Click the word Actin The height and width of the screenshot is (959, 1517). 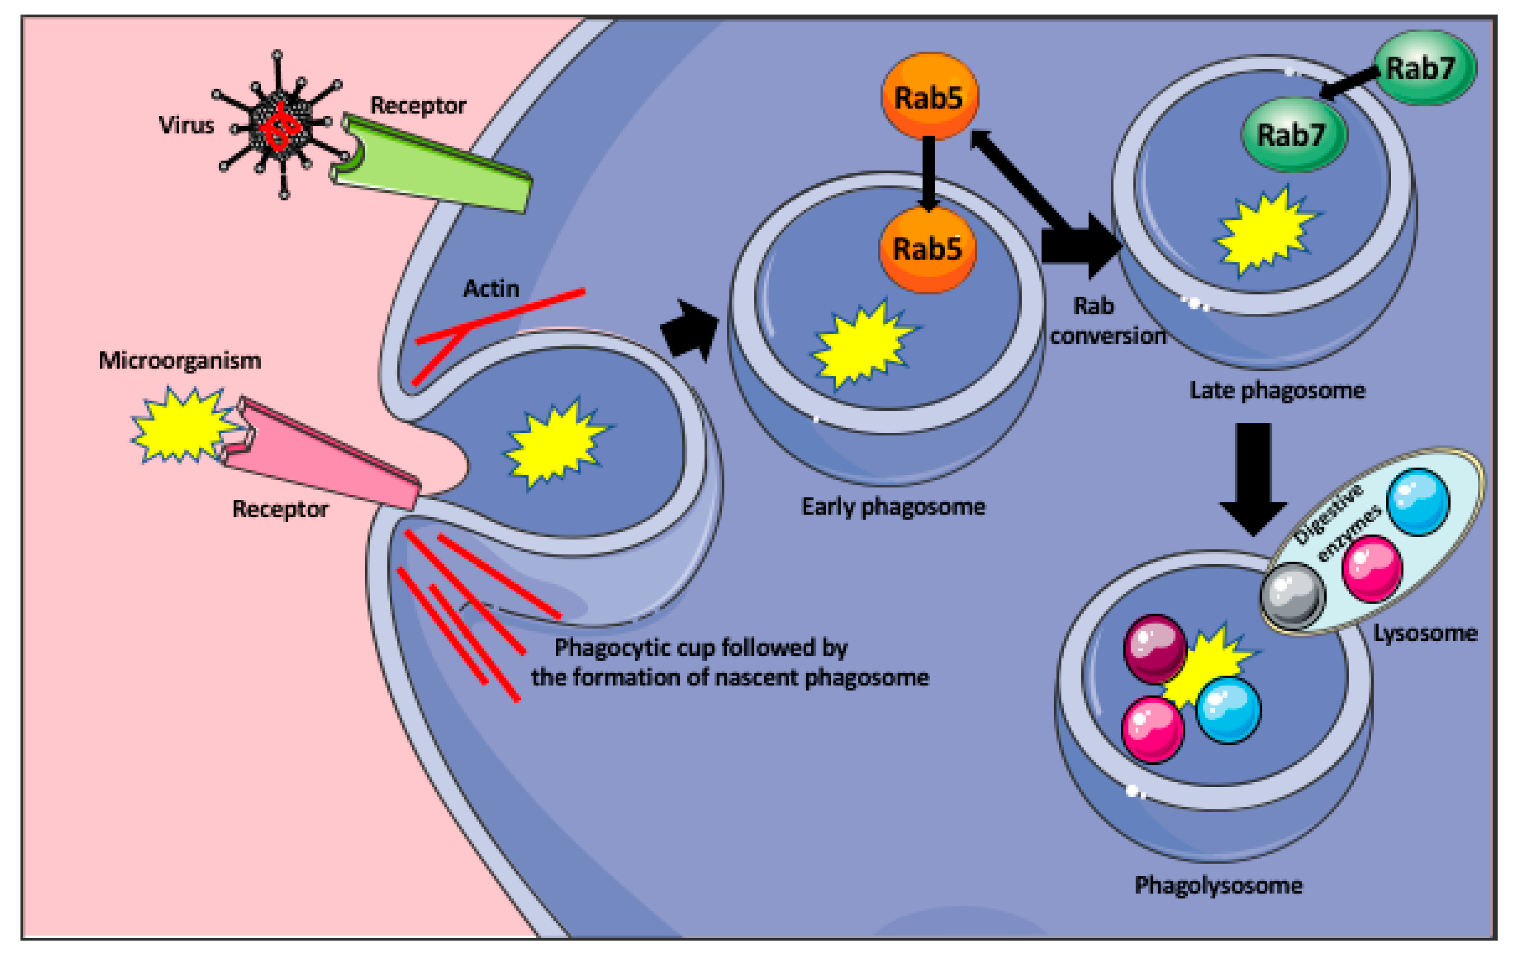(x=491, y=289)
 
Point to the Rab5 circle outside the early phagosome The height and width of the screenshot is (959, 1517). (x=929, y=96)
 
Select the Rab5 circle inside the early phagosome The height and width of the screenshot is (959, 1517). (x=927, y=249)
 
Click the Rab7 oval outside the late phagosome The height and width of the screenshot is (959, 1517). (x=1423, y=67)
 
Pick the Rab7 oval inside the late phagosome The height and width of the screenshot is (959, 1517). (x=1293, y=134)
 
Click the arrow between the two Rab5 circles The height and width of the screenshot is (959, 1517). (x=928, y=173)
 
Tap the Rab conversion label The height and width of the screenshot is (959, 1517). (x=1103, y=321)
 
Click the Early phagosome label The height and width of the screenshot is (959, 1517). (x=893, y=507)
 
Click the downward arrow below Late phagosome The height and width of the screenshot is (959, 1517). (x=1253, y=479)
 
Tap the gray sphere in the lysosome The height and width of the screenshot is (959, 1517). (x=1293, y=595)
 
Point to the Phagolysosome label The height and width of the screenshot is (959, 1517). (x=1218, y=885)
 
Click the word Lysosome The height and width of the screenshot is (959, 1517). (x=1425, y=633)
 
